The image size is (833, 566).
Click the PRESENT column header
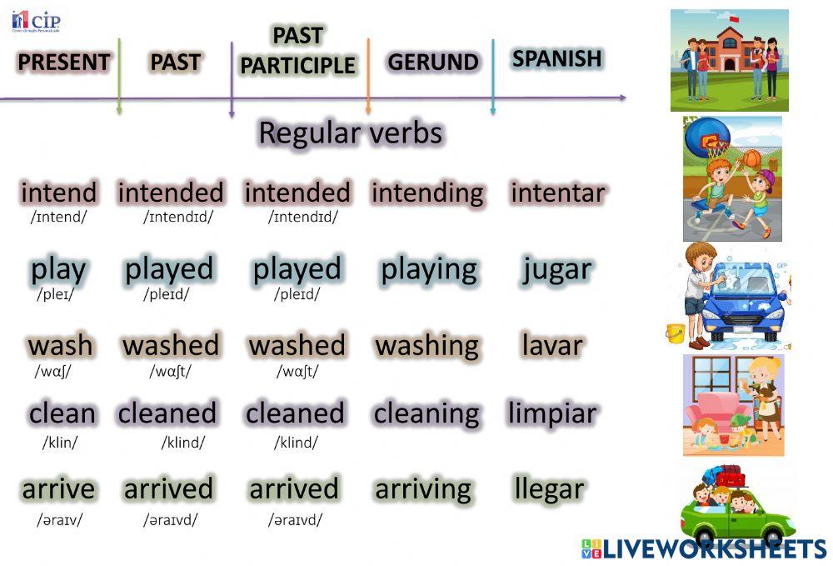coord(63,63)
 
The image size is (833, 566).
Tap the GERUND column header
coord(433,63)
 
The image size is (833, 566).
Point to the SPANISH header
coord(556,58)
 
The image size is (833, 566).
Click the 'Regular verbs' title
coord(350,133)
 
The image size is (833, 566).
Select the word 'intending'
coord(427,193)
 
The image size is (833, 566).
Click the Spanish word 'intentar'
coord(557,193)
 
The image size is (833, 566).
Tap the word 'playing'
coord(429,269)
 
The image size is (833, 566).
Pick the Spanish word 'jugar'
coord(557,269)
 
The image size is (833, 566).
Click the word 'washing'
coord(426,345)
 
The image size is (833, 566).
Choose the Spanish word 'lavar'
coord(552,345)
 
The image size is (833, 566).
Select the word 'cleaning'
coord(426,413)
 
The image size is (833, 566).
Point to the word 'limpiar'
coord(552,413)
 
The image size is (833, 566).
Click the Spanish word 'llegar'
coord(549,488)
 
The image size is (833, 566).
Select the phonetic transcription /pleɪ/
coord(56,294)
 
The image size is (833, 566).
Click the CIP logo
coord(36,21)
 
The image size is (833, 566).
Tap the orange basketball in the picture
coord(751,158)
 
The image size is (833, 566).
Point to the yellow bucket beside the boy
coord(675,333)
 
